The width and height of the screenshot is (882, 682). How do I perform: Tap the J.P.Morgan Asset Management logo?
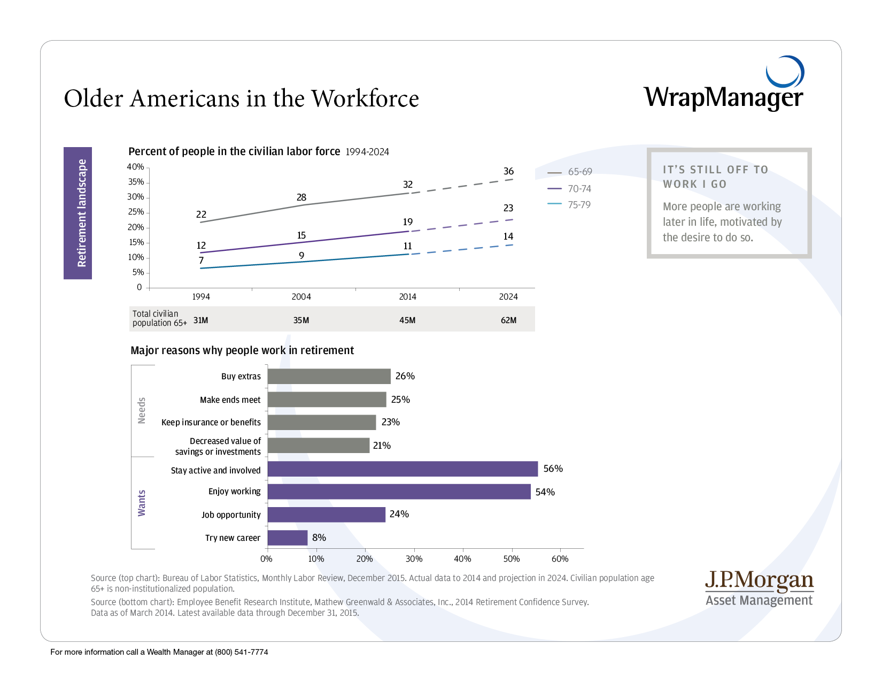click(759, 588)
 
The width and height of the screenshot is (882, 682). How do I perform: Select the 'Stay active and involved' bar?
click(403, 469)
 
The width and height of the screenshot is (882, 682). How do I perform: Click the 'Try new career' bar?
click(288, 538)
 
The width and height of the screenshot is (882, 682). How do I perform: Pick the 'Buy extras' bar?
click(329, 377)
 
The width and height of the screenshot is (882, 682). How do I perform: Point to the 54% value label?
click(545, 492)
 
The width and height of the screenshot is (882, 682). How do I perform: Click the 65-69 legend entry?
click(570, 172)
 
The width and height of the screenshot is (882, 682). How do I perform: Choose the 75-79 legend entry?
click(570, 205)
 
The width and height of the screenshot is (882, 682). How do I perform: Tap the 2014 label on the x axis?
click(407, 297)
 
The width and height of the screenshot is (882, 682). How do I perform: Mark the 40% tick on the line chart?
click(135, 167)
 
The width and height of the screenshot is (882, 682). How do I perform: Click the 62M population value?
click(508, 320)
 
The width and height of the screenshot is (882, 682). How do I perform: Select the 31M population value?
click(200, 320)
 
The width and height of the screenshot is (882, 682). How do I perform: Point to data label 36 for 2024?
click(508, 171)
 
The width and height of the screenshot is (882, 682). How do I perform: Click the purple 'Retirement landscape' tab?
click(78, 213)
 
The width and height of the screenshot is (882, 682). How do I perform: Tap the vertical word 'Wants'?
click(142, 503)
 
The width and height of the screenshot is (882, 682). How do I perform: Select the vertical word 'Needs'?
click(142, 410)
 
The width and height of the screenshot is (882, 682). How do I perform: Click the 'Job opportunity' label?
click(231, 515)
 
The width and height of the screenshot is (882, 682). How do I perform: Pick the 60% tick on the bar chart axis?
click(560, 559)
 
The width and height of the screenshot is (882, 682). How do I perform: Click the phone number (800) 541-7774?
click(242, 652)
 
